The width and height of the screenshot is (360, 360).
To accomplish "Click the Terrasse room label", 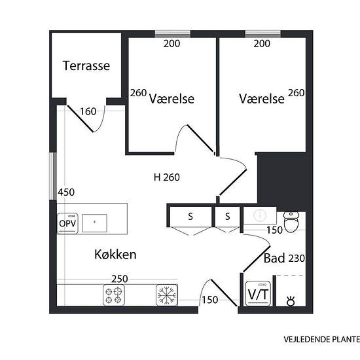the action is coord(86,66).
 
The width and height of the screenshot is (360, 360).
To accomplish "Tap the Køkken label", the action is coord(115,255).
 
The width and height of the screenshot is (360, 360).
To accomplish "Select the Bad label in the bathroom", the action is coord(274,258).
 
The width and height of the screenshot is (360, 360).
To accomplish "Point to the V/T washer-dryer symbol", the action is coord(258,294).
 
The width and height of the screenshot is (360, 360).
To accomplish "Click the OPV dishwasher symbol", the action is coord(67,223).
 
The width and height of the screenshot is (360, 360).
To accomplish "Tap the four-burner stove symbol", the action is coord(114,295).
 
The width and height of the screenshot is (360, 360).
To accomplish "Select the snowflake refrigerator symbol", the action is coord(167,295).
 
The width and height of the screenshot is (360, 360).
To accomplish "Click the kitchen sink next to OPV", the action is coord(94,223).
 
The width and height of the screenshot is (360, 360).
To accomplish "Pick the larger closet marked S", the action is coord(190,217).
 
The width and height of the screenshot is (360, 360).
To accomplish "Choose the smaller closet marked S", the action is coord(227,217).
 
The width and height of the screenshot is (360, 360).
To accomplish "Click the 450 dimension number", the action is coord(66,192).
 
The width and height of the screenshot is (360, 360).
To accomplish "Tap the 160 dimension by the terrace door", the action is coord(88,111).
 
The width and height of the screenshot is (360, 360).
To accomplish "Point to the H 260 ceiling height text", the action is coord(167,177).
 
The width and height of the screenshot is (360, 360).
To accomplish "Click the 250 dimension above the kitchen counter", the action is coord(120,279).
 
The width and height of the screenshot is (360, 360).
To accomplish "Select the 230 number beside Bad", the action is coord(297,259).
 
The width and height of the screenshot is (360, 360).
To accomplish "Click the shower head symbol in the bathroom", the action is coord(291,301).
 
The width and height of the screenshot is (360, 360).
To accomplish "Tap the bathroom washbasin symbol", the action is coord(260,215).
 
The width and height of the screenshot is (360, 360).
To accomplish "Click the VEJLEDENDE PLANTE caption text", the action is coord(321,339).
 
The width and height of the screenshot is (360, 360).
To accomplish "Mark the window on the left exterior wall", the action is coord(53,176).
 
